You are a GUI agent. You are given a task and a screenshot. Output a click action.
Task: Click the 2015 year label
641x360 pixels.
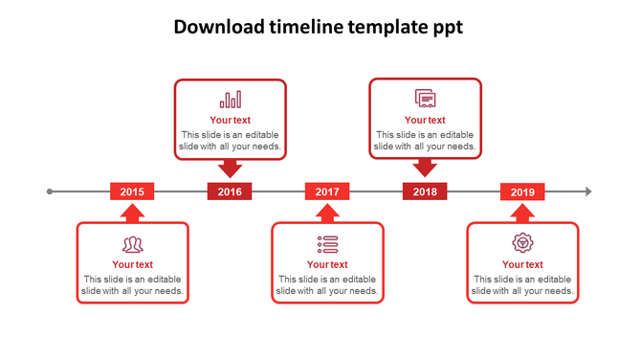(x=132, y=191)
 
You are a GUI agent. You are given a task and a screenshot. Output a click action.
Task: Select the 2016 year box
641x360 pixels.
(x=230, y=191)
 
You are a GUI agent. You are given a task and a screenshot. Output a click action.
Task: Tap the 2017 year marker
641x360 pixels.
(x=327, y=191)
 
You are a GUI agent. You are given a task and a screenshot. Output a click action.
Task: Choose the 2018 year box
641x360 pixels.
(x=425, y=191)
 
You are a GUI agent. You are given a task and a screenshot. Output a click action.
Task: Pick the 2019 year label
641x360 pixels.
(x=522, y=191)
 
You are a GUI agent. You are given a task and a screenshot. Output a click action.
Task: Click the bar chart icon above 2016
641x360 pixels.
(x=231, y=100)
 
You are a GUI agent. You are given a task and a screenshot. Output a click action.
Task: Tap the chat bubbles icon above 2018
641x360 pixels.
(x=426, y=99)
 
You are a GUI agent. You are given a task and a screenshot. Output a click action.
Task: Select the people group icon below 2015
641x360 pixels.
(x=133, y=245)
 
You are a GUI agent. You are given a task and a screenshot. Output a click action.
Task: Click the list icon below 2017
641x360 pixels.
(x=328, y=244)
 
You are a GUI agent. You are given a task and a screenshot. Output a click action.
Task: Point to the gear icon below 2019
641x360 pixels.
(x=522, y=243)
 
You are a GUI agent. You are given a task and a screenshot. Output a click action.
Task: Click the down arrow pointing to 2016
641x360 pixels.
(x=230, y=169)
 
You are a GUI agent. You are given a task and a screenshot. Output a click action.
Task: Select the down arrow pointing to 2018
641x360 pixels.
(x=425, y=169)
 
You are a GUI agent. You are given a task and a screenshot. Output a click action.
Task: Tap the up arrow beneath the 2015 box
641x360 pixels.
(x=132, y=213)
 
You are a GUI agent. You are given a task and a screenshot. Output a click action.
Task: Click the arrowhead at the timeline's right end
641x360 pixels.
(x=588, y=191)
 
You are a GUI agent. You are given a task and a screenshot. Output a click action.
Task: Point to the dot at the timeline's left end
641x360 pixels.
(x=50, y=191)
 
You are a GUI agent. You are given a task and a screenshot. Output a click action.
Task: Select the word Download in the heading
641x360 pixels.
(x=219, y=27)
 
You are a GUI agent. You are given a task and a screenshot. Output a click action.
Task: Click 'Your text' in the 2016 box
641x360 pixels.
(x=230, y=120)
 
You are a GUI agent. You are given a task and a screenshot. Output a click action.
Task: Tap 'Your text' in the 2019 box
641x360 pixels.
(x=522, y=264)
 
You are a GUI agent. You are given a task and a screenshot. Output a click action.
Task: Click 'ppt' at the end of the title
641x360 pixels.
(x=445, y=28)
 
